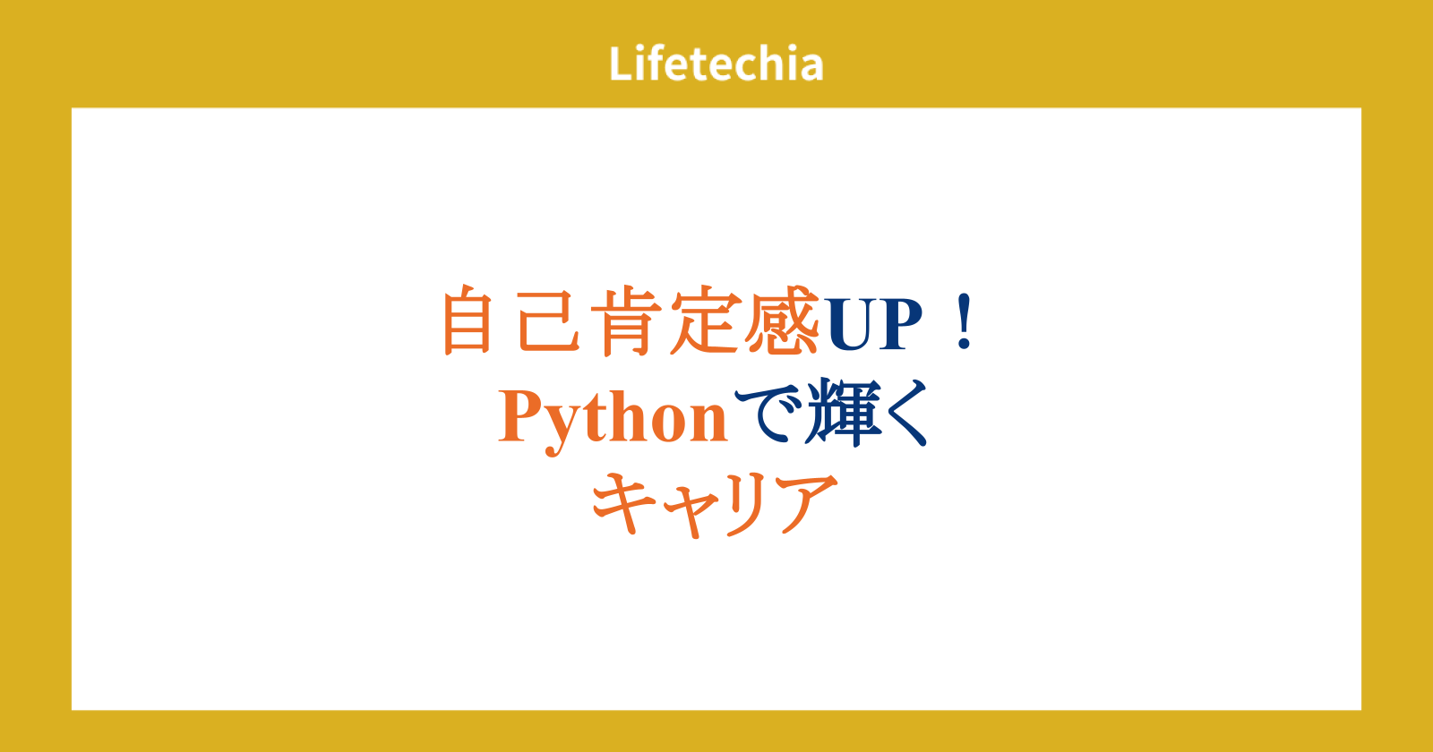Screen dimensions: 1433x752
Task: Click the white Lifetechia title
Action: click(716, 64)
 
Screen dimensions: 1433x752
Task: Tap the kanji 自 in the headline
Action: click(467, 320)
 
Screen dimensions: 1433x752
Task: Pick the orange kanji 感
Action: click(783, 320)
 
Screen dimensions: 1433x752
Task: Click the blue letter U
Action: click(850, 324)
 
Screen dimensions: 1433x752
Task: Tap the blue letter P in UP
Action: click(900, 324)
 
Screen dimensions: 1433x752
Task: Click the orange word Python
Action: click(613, 420)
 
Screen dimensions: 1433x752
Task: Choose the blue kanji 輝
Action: click(844, 413)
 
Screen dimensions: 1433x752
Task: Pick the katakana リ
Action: click(744, 505)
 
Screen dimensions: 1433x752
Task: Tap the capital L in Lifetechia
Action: click(622, 64)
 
